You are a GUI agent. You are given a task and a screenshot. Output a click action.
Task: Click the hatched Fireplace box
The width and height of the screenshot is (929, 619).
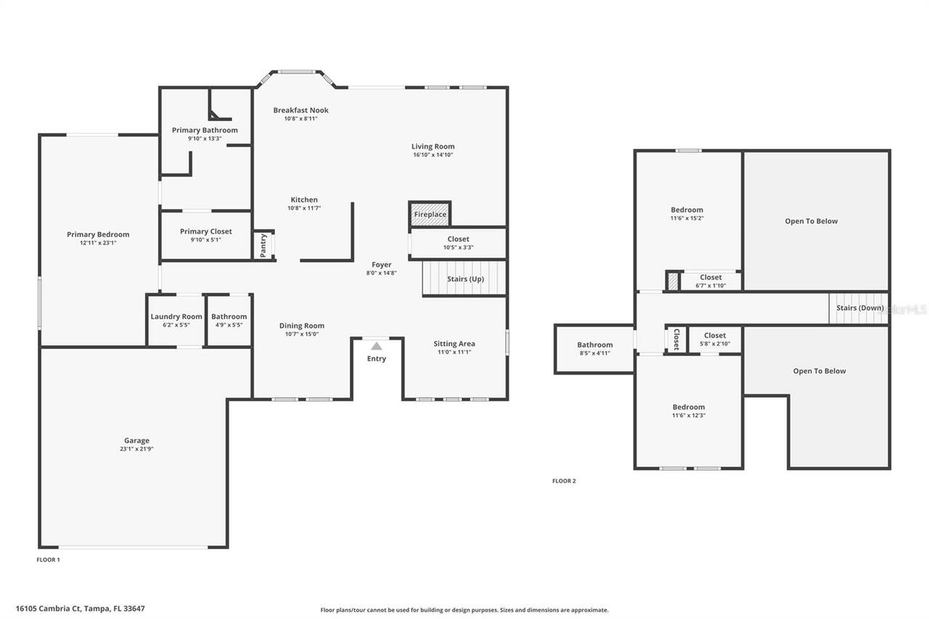pyautogui.click(x=430, y=214)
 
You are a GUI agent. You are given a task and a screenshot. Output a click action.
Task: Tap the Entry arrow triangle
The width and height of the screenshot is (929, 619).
pyautogui.click(x=377, y=346)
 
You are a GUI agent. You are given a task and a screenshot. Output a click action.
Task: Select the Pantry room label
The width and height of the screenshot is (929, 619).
pyautogui.click(x=263, y=245)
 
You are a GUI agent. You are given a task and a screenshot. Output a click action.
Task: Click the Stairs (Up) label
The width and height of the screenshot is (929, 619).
pyautogui.click(x=465, y=279)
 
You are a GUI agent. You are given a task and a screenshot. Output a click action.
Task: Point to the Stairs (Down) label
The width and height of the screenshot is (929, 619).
pyautogui.click(x=860, y=308)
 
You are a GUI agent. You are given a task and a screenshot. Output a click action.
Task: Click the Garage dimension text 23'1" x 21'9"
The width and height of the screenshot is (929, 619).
pyautogui.click(x=136, y=449)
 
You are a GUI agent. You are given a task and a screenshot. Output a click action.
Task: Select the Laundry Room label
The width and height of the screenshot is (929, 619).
pyautogui.click(x=176, y=316)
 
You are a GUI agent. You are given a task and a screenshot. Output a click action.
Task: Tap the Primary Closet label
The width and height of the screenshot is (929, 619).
pyautogui.click(x=206, y=231)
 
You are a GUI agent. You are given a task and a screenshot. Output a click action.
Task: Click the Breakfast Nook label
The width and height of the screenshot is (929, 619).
pyautogui.click(x=300, y=110)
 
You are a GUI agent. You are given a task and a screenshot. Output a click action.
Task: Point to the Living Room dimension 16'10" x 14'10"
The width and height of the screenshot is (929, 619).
pyautogui.click(x=433, y=155)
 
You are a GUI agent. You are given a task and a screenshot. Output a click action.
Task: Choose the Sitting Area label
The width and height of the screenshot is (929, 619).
pyautogui.click(x=454, y=343)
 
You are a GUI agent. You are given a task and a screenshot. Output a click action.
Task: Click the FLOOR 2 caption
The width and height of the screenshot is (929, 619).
pyautogui.click(x=564, y=481)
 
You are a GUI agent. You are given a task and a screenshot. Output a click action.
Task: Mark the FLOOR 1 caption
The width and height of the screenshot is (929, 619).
pyautogui.click(x=48, y=559)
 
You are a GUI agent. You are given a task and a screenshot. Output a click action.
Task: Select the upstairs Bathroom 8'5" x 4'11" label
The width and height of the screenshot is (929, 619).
pyautogui.click(x=595, y=345)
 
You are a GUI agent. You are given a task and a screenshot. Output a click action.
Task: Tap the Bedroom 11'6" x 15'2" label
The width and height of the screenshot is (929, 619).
pyautogui.click(x=687, y=210)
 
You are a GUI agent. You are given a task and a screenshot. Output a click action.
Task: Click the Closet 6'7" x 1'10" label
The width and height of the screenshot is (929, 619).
pyautogui.click(x=711, y=277)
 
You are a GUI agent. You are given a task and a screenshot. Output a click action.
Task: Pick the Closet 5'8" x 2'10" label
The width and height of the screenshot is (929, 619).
pyautogui.click(x=714, y=335)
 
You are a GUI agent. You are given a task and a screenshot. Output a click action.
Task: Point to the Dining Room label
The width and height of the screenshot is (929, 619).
pyautogui.click(x=302, y=326)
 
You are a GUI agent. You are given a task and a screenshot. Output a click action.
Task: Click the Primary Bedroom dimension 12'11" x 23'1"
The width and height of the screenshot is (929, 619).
pyautogui.click(x=98, y=243)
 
